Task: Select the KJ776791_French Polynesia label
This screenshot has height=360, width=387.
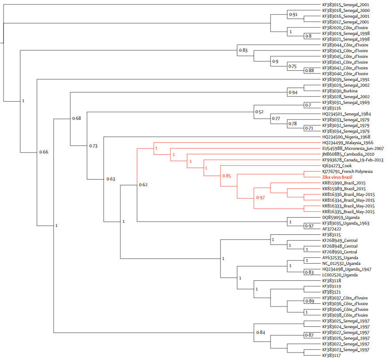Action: pos(347,171)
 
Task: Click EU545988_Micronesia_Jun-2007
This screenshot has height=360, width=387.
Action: pos(353,149)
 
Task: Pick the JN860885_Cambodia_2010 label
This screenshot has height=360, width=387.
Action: pos(348,154)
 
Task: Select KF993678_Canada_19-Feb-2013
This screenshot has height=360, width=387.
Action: pos(352,160)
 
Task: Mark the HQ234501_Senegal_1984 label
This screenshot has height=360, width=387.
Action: pos(347,114)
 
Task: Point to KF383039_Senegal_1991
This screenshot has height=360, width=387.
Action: pos(346,80)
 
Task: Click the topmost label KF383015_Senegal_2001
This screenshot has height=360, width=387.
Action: pos(346,5)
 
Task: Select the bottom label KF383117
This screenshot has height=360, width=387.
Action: pos(331,355)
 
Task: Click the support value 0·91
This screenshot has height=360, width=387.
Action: pos(293,15)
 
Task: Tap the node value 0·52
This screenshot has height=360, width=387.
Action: pos(259,112)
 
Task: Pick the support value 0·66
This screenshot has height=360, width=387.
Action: pos(43,152)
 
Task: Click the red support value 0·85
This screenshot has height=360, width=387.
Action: pos(226,176)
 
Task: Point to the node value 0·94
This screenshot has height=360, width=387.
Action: pos(293,92)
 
